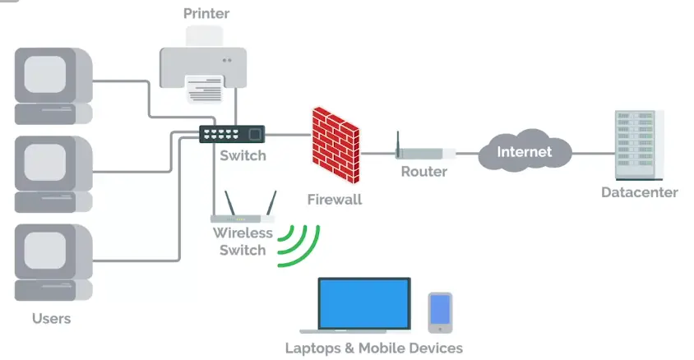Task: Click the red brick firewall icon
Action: [x=335, y=145]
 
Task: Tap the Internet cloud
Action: [x=524, y=151]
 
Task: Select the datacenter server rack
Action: [x=639, y=145]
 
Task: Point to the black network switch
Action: [x=232, y=134]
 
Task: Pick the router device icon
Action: [x=425, y=152]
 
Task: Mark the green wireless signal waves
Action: [x=297, y=245]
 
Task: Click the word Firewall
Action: [x=335, y=199]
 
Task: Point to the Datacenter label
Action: [x=639, y=192]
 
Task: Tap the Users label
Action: [x=51, y=318]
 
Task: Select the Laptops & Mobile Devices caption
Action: [x=373, y=348]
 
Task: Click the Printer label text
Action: [x=206, y=13]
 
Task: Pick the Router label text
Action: [x=423, y=172]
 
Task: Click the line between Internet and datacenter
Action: [x=593, y=152]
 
